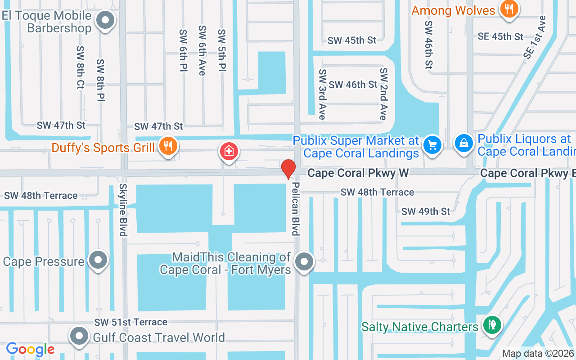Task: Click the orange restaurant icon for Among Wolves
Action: coord(509,9)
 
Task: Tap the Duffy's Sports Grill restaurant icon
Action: coord(167,146)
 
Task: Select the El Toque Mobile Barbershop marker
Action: coord(106,20)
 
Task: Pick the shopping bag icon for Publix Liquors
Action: coord(463,143)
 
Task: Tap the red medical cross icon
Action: coord(229,151)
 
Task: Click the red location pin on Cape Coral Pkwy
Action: coord(288,169)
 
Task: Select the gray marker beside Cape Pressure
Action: coord(98,260)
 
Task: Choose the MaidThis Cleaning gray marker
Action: coord(304,261)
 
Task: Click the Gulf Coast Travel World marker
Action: coord(80,336)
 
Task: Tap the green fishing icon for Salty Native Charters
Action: coord(492,324)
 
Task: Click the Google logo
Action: coord(30,349)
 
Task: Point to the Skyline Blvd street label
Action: coord(122,209)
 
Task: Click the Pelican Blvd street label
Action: coord(295,208)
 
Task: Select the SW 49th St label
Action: coord(425,211)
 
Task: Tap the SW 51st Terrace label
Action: coord(130,322)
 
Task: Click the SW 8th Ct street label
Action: coord(80,67)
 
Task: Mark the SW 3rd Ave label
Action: coord(322,94)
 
